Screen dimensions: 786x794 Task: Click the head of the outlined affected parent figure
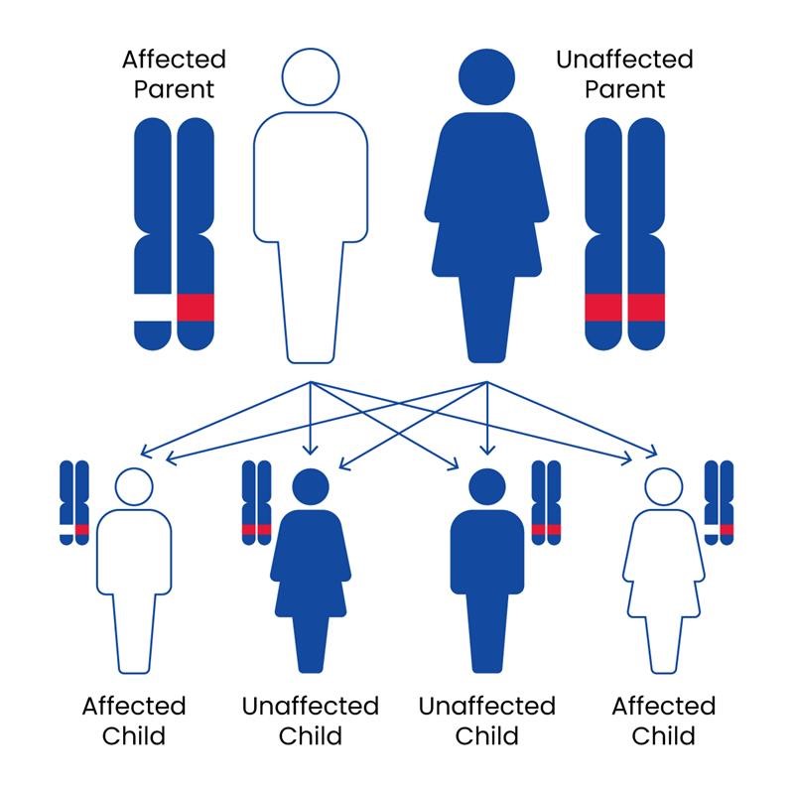[x=311, y=76]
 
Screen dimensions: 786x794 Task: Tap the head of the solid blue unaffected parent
[x=486, y=76]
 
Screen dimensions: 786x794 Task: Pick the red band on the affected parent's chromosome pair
[x=196, y=308]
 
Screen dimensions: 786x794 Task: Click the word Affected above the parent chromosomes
[x=174, y=59]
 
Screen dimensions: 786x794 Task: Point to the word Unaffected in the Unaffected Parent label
[x=623, y=59]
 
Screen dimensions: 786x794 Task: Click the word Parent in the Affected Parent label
[x=174, y=89]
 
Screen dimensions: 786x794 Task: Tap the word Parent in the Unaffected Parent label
[x=623, y=89]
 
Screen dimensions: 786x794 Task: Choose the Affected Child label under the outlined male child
[x=134, y=721]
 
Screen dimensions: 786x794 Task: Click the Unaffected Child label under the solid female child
[x=311, y=721]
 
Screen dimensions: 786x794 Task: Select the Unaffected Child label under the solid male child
[x=486, y=721]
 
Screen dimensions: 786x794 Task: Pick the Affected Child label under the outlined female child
[x=663, y=721]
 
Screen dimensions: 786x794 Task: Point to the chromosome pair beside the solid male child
[x=546, y=501]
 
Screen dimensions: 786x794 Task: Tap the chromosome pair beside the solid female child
[x=257, y=501]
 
